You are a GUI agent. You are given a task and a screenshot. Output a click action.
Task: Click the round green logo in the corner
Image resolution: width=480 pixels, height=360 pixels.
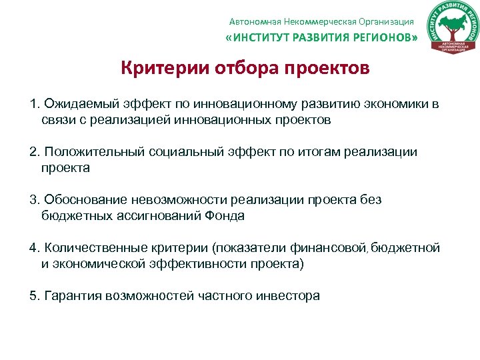pos(453,28)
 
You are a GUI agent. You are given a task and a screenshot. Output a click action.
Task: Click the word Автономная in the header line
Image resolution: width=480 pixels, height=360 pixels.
pos(252,21)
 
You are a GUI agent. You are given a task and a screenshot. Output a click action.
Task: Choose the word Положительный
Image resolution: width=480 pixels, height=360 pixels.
pos(89,152)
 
